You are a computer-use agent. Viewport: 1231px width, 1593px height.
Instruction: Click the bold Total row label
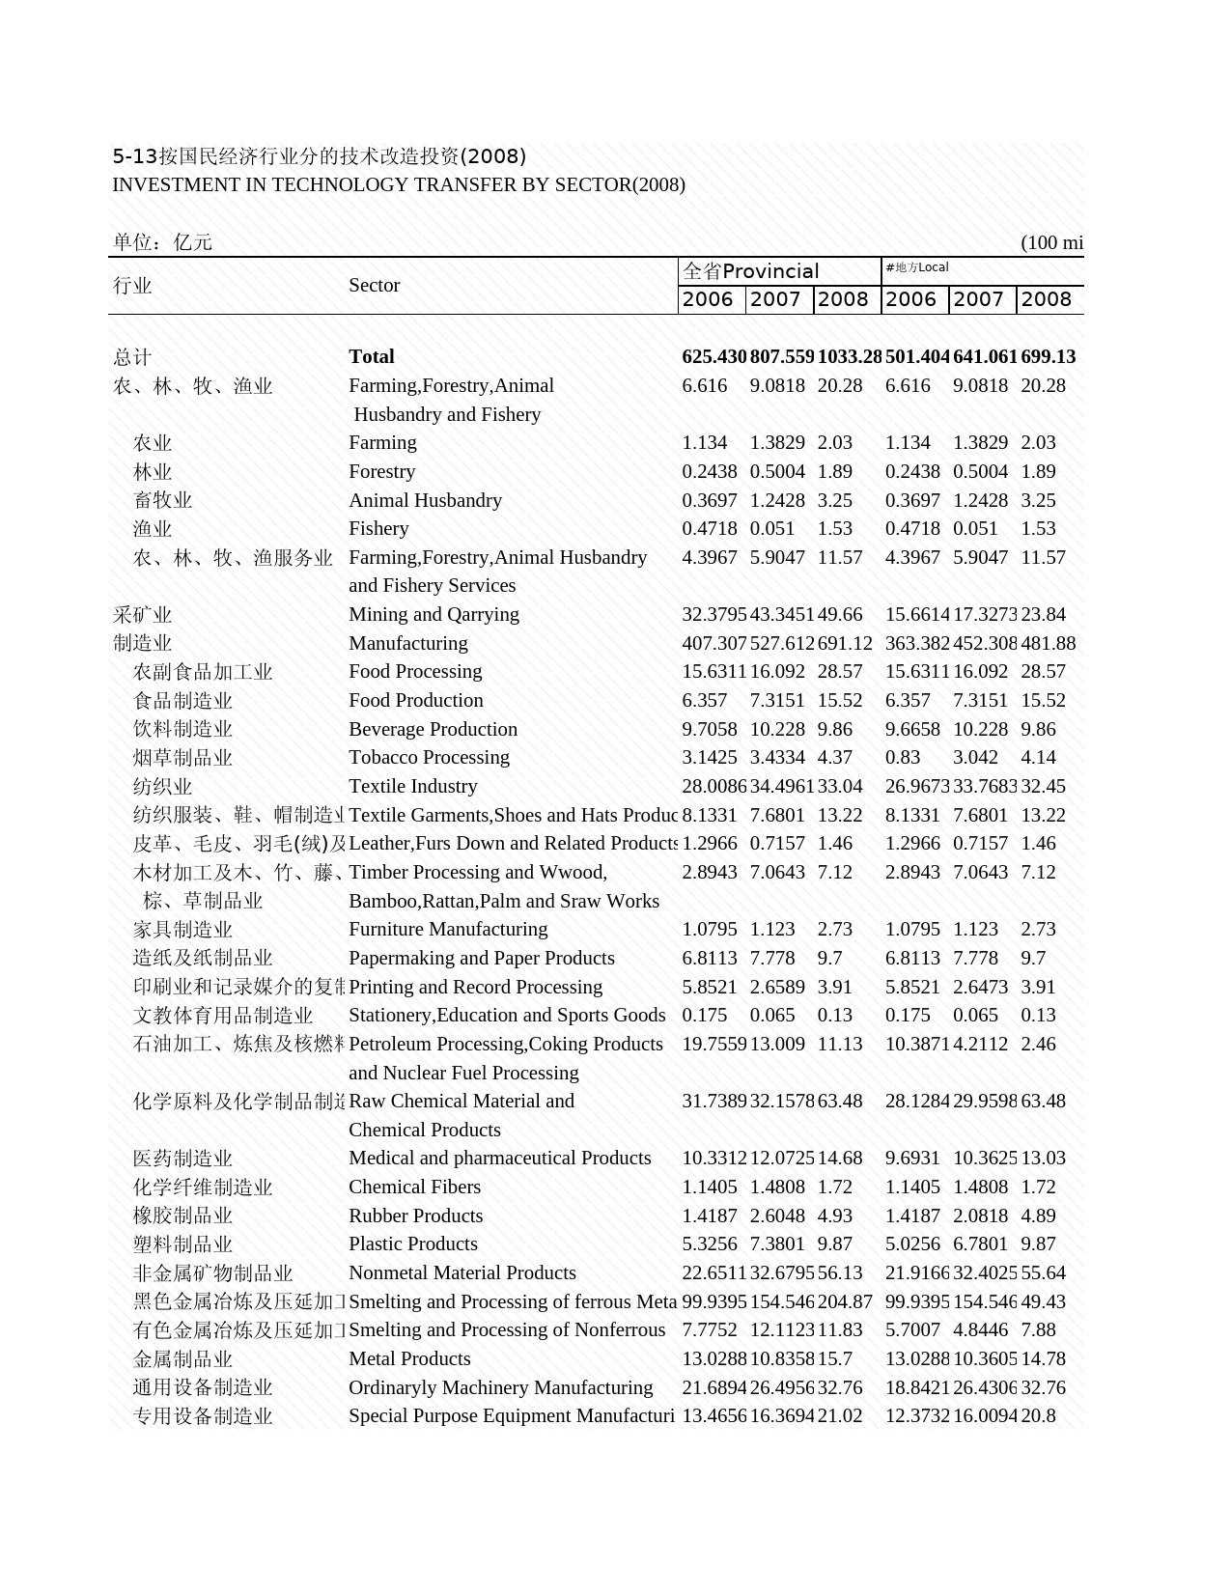point(372,356)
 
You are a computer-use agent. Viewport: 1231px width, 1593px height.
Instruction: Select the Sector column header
point(375,285)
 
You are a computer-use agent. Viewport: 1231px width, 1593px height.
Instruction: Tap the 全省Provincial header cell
point(750,271)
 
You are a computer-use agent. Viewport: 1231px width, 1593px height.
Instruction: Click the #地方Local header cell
point(916,267)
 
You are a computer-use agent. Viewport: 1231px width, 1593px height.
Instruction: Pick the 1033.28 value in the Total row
point(849,356)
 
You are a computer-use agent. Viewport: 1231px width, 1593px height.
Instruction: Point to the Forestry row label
point(382,471)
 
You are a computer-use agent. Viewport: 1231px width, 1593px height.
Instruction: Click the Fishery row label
point(378,528)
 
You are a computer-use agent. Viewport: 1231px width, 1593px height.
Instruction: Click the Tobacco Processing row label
point(429,757)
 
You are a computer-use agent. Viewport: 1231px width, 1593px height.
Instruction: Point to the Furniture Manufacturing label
point(448,929)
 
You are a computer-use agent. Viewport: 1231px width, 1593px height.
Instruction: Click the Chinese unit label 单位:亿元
point(162,242)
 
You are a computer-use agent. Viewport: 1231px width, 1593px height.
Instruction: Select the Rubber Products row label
point(415,1216)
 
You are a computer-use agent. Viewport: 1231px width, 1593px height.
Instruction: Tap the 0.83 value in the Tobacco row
point(902,757)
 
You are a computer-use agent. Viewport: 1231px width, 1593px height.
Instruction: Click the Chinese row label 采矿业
point(143,614)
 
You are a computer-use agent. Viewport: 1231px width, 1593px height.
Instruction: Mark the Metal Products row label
point(409,1358)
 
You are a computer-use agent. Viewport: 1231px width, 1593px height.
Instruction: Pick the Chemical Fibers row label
point(414,1187)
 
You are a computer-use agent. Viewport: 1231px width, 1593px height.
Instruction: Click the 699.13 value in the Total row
point(1048,356)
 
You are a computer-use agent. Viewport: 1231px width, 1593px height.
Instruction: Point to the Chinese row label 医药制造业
point(183,1159)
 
